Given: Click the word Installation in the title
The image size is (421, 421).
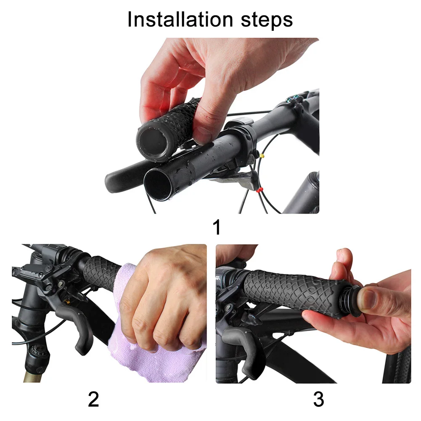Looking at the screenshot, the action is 180,19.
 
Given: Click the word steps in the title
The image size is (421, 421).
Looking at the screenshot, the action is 267,21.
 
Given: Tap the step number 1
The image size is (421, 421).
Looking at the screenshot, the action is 217,227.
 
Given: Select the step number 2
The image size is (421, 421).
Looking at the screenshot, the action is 93,399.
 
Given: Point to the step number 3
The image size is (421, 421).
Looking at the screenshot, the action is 318,399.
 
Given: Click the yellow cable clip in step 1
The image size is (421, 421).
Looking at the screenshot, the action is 262,156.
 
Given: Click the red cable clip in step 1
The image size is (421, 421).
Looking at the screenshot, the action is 259,191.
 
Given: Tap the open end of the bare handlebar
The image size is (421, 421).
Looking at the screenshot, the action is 158,185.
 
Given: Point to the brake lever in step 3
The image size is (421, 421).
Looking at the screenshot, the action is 242,349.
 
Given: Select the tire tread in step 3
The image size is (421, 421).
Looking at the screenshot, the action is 397,365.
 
